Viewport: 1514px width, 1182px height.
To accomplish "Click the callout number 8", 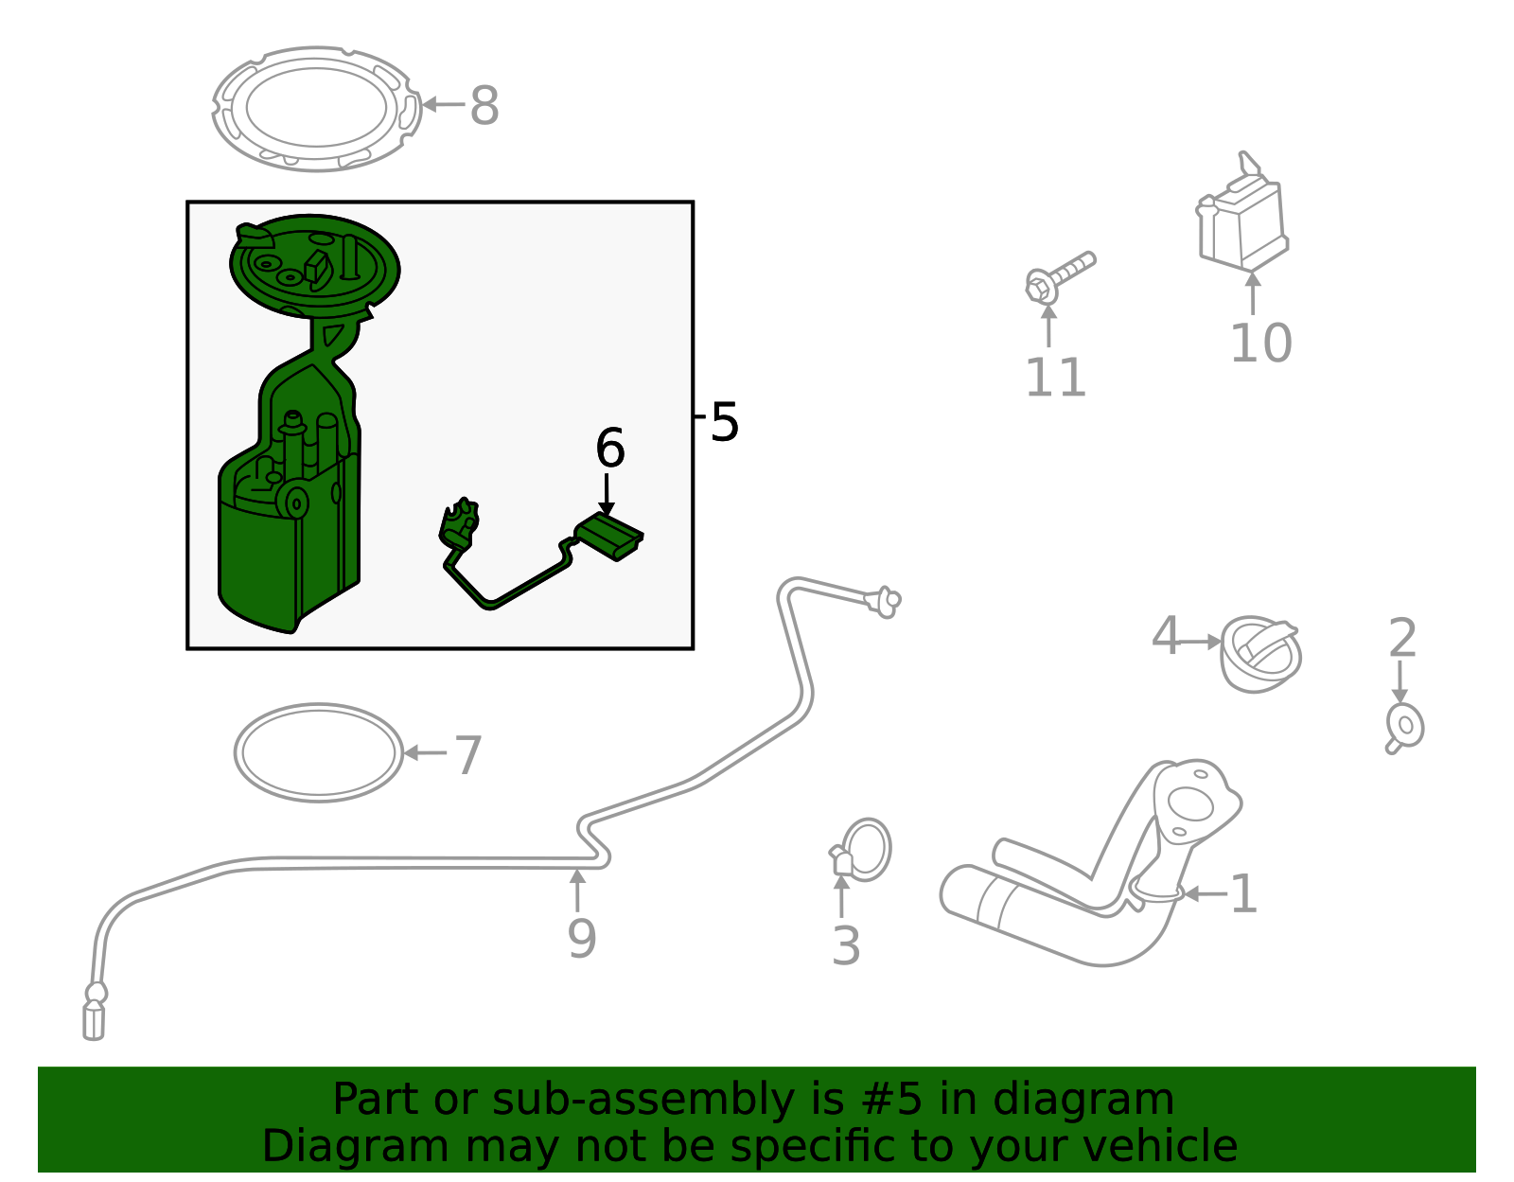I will (x=484, y=105).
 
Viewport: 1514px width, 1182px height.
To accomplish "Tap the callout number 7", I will (x=468, y=755).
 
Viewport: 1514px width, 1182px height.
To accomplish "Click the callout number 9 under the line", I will (x=581, y=938).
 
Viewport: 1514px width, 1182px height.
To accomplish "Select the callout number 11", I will (x=1054, y=378).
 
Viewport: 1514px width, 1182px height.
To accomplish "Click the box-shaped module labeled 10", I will (x=1242, y=220).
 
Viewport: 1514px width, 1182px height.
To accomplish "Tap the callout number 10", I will (x=1259, y=343).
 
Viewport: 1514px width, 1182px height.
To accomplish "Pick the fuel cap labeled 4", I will (x=1260, y=654).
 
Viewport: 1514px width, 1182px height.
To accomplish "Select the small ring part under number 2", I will (x=1405, y=728).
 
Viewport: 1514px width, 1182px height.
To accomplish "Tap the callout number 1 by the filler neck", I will (x=1242, y=894).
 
